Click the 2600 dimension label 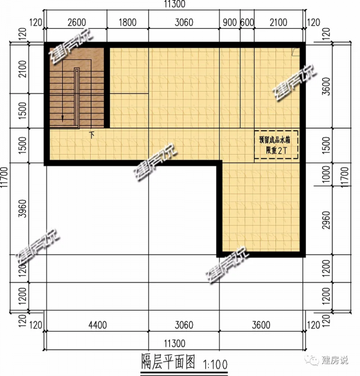point(76,23)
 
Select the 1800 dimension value point(127,23)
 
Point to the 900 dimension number point(229,23)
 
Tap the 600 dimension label point(247,23)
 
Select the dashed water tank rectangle point(275,145)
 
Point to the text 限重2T point(275,149)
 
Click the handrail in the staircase point(77,96)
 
